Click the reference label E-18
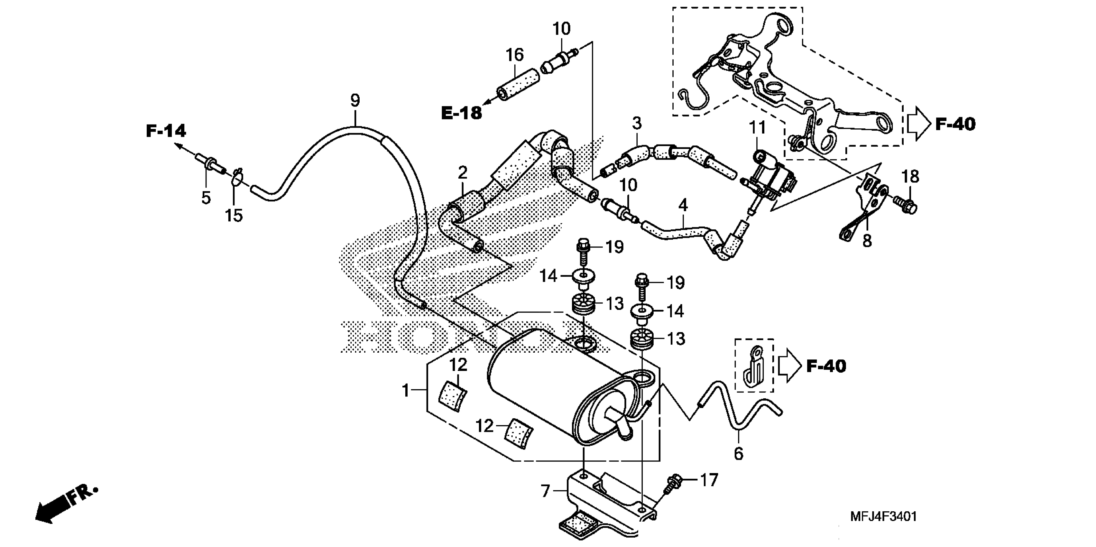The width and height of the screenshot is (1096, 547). coord(462,113)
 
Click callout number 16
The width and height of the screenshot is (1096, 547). coord(514,55)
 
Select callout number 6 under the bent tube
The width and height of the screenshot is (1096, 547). coord(739,453)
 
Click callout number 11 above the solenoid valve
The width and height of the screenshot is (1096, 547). coord(757,127)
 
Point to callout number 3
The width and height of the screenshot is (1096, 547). coord(637,124)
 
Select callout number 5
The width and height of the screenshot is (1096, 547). coord(206,198)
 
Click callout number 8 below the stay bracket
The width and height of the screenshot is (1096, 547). coord(867,241)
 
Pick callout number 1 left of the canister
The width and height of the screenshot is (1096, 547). coord(405,390)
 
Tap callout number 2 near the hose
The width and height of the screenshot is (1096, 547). coord(463,172)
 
